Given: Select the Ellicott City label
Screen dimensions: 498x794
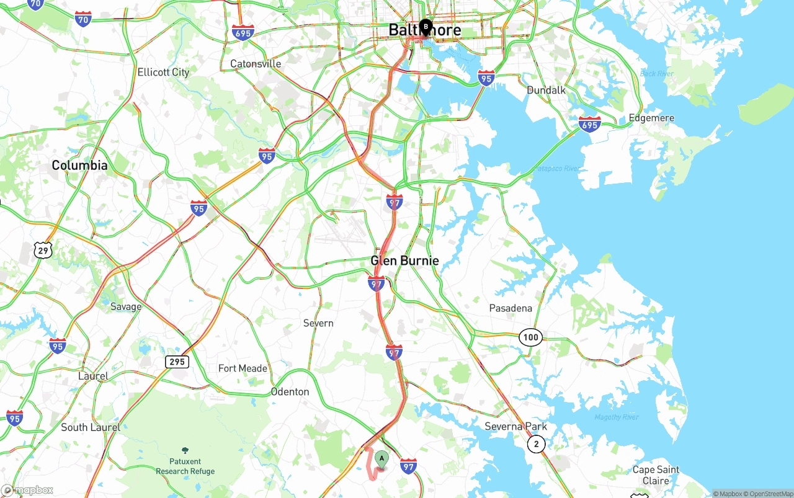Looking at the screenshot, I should pyautogui.click(x=163, y=72).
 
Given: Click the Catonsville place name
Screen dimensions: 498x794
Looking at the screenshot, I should pyautogui.click(x=256, y=64).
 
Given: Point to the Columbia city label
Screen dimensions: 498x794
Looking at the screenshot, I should pyautogui.click(x=79, y=165).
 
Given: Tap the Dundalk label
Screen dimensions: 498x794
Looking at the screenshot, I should pyautogui.click(x=546, y=90).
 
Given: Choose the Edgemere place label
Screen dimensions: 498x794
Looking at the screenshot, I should pyautogui.click(x=651, y=118).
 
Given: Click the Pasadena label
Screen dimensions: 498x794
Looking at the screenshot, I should pyautogui.click(x=511, y=308).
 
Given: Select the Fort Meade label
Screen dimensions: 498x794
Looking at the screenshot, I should pyautogui.click(x=243, y=368).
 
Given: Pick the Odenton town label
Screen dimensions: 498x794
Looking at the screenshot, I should pyautogui.click(x=290, y=391).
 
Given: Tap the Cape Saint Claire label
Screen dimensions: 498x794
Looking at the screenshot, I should pyautogui.click(x=656, y=475).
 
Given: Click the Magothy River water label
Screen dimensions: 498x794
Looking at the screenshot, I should pyautogui.click(x=616, y=417).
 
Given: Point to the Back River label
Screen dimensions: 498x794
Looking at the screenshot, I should pyautogui.click(x=656, y=74).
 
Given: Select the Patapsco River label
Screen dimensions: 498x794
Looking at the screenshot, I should pyautogui.click(x=556, y=169).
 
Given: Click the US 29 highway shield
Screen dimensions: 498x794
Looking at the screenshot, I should pyautogui.click(x=43, y=251).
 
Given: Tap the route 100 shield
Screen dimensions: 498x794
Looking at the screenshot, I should pyautogui.click(x=531, y=337).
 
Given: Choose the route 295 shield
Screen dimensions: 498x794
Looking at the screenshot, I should pyautogui.click(x=177, y=361).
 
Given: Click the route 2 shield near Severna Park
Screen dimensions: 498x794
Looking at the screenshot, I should pyautogui.click(x=536, y=444).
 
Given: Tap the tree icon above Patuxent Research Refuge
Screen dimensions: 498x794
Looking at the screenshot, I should pyautogui.click(x=185, y=450).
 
